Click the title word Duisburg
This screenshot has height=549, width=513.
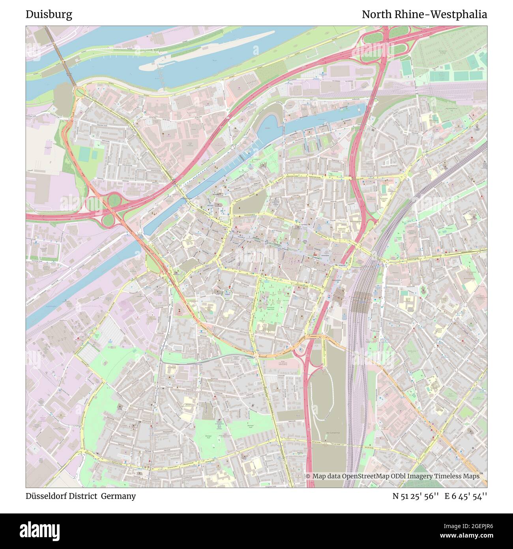tap(49, 15)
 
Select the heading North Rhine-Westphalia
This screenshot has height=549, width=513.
tap(424, 15)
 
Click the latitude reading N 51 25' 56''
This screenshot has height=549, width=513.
tap(416, 496)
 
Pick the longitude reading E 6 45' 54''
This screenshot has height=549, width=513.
tap(466, 496)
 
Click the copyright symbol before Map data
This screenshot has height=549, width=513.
tap(308, 476)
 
